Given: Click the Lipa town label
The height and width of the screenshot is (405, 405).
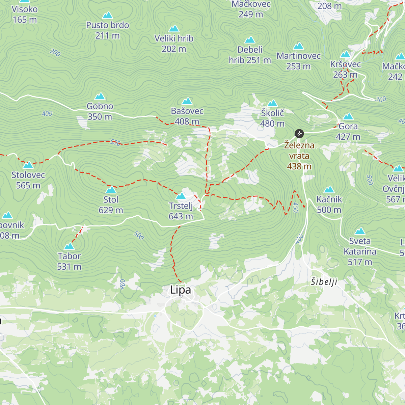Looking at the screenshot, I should (x=180, y=290).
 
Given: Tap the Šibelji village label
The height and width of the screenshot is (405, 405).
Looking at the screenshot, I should (x=324, y=281).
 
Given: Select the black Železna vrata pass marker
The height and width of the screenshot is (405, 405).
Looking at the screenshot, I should (x=299, y=134).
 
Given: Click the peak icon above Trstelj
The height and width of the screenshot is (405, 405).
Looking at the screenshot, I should (x=181, y=196).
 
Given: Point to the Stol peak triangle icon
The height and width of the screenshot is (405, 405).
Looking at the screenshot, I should (x=111, y=190).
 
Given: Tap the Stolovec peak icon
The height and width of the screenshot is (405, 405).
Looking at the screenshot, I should (x=28, y=165).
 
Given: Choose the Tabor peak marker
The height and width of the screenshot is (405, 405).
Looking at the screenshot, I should (x=69, y=246).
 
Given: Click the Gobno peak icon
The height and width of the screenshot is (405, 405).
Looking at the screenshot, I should (x=100, y=97).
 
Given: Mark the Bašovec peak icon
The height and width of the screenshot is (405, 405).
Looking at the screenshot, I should (x=187, y=101).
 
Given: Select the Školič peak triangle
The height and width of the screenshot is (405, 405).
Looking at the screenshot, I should (x=272, y=103).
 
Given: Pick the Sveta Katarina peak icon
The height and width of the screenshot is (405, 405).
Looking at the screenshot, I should (x=360, y=231).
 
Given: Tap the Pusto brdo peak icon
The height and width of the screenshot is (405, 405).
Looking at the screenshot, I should (x=107, y=15).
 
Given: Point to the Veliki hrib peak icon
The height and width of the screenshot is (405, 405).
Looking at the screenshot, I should (x=174, y=28).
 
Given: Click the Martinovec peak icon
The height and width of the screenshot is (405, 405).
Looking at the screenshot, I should (x=298, y=46).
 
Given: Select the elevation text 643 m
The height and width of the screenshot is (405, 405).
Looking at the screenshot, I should (x=181, y=216).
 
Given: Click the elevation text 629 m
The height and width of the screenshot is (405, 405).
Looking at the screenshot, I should (x=111, y=210).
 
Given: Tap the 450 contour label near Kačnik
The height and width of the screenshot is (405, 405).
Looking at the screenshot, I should (x=296, y=208).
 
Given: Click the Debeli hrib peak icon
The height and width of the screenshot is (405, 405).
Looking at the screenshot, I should (x=250, y=40).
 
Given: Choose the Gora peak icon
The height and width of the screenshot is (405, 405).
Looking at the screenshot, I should (x=348, y=117).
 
